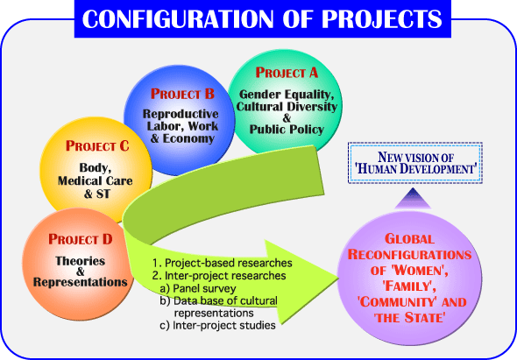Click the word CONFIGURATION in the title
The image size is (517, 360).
coord(178,18)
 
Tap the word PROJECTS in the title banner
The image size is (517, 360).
coord(381,18)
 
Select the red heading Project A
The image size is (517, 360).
coord(287,73)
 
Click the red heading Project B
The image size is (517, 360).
coord(182,94)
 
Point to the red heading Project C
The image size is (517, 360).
coord(97,145)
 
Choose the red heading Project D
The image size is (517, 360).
coord(81,239)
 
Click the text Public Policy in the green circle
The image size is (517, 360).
coord(287,130)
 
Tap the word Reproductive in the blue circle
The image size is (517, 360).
coord(181,114)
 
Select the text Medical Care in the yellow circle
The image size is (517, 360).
coord(96,180)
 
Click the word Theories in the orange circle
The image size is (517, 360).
coord(80,261)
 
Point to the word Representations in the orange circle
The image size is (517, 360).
coord(80,282)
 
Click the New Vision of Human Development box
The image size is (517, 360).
coord(415,163)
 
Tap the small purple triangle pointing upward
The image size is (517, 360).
coord(413,199)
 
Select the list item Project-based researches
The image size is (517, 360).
coord(223,263)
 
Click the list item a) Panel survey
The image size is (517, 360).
coord(198,288)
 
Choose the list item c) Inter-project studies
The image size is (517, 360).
coord(217,325)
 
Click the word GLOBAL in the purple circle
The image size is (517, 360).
coord(409,239)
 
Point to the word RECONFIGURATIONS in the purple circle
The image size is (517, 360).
coord(409,255)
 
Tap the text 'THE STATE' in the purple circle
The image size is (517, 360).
coord(410,318)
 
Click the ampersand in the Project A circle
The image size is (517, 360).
coord(287,117)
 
